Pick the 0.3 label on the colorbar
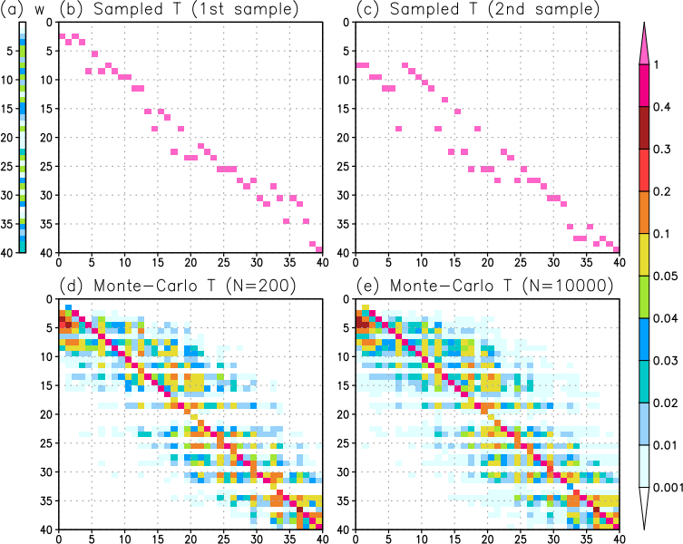click(x=661, y=147)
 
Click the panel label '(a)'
click(x=10, y=10)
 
